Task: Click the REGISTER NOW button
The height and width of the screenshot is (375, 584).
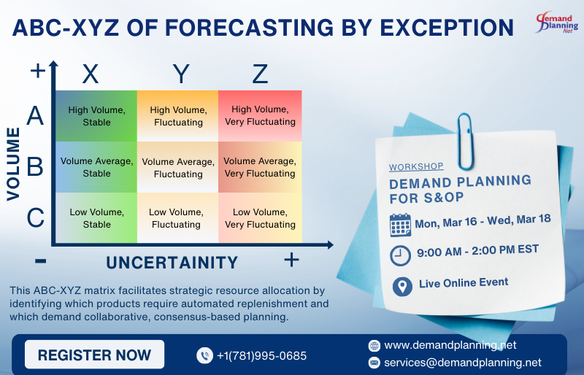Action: pos(94,355)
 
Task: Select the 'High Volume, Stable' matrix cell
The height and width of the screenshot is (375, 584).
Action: pos(96,116)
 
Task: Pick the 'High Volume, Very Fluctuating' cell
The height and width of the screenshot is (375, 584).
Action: pos(260,116)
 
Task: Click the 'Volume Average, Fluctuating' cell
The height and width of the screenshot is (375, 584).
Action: pos(178,168)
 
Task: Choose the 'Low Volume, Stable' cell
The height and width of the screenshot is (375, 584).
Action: pos(96,218)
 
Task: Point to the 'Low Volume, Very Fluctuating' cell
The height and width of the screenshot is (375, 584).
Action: pos(260,218)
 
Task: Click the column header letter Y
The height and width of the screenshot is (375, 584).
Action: pos(180,74)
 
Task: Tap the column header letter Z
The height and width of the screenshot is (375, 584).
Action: pos(260,74)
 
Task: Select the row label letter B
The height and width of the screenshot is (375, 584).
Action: pos(35,167)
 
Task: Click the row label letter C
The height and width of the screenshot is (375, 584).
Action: pos(35,217)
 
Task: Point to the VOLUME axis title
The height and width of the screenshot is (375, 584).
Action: pos(13,163)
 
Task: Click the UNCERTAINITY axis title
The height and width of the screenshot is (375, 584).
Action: pos(172,263)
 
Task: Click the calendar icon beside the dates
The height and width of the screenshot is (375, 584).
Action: pos(400,224)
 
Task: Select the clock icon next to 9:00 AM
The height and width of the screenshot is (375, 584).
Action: pos(401,255)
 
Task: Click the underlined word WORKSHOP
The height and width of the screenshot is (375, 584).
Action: pos(416,167)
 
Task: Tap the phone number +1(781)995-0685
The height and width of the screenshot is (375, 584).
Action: pos(261,356)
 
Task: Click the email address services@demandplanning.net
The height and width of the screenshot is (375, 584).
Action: pos(463,362)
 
